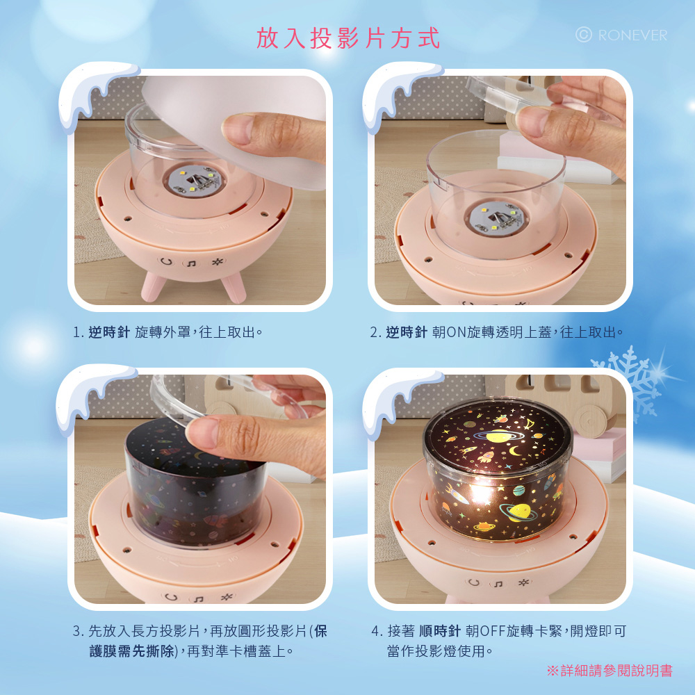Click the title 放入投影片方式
click(x=348, y=38)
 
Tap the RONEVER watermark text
click(x=632, y=35)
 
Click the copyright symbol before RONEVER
click(x=583, y=35)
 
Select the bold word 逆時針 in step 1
click(x=109, y=332)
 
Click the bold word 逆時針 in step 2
click(x=407, y=332)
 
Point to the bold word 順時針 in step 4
click(x=440, y=630)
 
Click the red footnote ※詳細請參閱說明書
click(x=610, y=670)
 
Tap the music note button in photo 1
click(x=191, y=263)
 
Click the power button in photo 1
click(x=166, y=261)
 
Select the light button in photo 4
click(x=523, y=582)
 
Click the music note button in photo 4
click(x=498, y=584)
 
